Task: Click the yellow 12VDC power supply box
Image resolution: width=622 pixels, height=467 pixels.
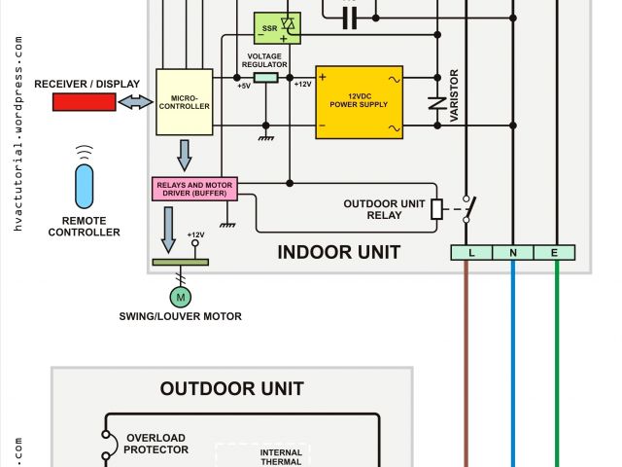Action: pyautogui.click(x=360, y=102)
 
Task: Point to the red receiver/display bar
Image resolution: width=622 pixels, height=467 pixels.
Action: pyautogui.click(x=84, y=102)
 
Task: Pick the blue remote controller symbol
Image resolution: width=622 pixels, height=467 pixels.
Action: pyautogui.click(x=86, y=185)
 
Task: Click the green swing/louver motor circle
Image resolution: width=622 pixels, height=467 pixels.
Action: pyautogui.click(x=180, y=295)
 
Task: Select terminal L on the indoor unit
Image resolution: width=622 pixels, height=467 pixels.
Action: pyautogui.click(x=470, y=253)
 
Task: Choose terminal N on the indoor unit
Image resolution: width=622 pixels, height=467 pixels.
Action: pyautogui.click(x=513, y=253)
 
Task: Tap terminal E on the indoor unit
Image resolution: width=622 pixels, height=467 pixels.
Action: pyautogui.click(x=556, y=253)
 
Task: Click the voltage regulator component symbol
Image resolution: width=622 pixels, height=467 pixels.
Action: pyautogui.click(x=265, y=75)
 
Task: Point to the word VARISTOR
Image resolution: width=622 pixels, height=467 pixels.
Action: pyautogui.click(x=453, y=95)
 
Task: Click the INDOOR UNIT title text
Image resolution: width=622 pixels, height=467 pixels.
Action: pyautogui.click(x=338, y=253)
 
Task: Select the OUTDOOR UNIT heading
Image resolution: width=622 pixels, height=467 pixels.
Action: pyautogui.click(x=232, y=389)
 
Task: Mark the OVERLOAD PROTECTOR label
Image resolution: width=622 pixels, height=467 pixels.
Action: pyautogui.click(x=155, y=444)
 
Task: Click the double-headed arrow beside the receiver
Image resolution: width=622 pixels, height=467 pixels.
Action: pyautogui.click(x=136, y=102)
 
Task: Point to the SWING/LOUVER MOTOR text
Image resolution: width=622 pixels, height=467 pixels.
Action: pyautogui.click(x=180, y=316)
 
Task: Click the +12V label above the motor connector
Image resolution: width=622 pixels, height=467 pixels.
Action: pyautogui.click(x=195, y=235)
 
